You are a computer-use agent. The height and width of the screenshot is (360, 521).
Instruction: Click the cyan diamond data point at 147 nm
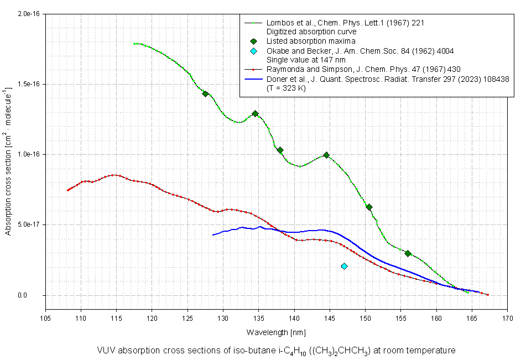coord(344,266)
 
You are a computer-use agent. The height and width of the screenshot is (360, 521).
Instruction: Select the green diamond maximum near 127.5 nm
coord(205,94)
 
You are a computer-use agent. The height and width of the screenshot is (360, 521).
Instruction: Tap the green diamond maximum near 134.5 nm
coord(255,113)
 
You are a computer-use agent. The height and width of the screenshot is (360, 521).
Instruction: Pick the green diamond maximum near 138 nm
coord(280,150)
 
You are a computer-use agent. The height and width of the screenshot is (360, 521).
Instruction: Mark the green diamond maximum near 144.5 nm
coord(326,155)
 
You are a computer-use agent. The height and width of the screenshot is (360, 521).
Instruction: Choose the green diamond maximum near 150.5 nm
coord(369,207)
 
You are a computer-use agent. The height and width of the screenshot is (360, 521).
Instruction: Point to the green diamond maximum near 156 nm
coord(408,253)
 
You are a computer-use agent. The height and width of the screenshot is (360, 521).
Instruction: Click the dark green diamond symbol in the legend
coord(253,41)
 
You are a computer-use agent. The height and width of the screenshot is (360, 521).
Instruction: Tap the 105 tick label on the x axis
coord(45,318)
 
